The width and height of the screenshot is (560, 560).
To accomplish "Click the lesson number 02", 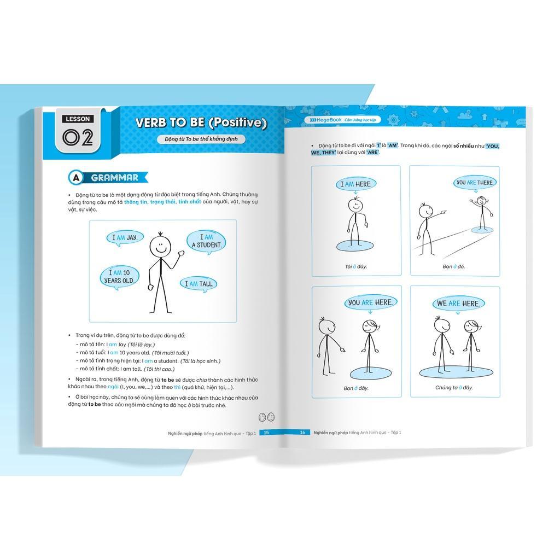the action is coord(78,137).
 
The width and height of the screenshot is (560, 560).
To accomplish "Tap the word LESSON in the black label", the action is coord(78,119).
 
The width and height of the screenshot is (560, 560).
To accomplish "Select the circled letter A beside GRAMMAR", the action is coord(75,178).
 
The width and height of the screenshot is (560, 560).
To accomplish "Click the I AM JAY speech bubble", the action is coord(125,238).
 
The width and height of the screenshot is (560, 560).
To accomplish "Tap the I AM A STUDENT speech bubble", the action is coord(206,241).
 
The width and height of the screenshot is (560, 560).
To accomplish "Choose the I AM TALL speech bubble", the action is coord(199,284).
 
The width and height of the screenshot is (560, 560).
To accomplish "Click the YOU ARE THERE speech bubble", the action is coord(475,183).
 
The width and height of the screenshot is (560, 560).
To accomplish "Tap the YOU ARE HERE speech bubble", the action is coord(371,303).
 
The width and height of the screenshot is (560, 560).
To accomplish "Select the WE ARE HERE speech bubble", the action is coord(458,304).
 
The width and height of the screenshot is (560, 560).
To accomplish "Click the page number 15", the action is coord(266,433).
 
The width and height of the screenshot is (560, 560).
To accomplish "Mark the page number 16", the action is coord(302,433).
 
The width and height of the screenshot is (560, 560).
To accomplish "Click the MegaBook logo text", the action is coord(326,120).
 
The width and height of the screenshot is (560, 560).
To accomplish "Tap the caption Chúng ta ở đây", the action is coord(454,388).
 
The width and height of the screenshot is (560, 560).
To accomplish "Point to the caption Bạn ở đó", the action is coord(453,266).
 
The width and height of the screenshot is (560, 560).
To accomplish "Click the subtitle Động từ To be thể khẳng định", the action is coord(201,139).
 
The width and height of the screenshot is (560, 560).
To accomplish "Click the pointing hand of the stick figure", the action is coord(443,212).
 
